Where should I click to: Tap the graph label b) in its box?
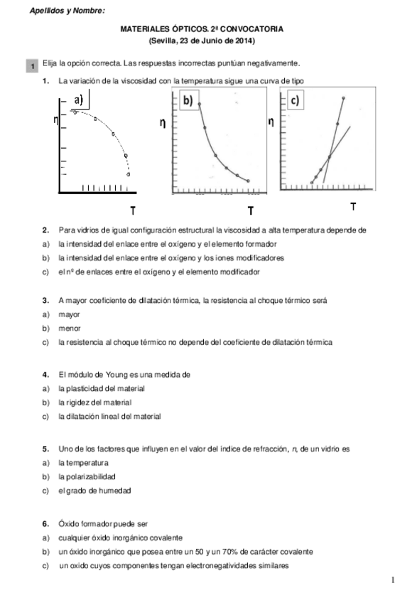[x=188, y=101]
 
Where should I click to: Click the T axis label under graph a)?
[x=132, y=210]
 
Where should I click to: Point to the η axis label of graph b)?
[x=163, y=123]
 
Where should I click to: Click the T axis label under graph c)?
[x=354, y=206]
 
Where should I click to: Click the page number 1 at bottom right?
[x=393, y=580]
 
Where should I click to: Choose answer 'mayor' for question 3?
[x=69, y=314]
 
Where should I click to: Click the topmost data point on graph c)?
[x=344, y=97]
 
